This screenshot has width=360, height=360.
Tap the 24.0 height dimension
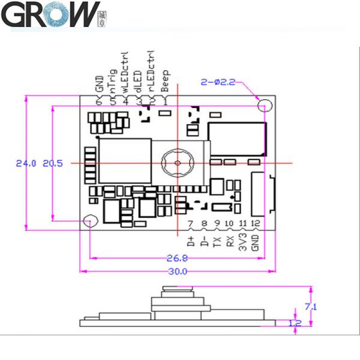tap(26, 163)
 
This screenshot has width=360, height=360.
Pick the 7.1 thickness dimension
tap(311, 306)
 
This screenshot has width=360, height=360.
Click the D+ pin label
tap(191, 243)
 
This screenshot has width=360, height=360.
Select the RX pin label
tap(230, 242)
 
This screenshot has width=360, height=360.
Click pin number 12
tap(256, 224)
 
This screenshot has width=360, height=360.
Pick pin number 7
tap(191, 225)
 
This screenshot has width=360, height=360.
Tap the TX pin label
tap(217, 242)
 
